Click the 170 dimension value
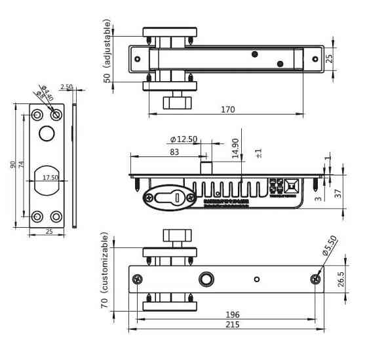point(227,109)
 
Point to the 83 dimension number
point(174,152)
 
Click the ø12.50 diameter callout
point(183,139)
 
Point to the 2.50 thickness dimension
point(66,87)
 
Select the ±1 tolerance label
point(260,153)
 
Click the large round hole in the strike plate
point(47,134)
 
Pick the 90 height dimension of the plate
point(12,165)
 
